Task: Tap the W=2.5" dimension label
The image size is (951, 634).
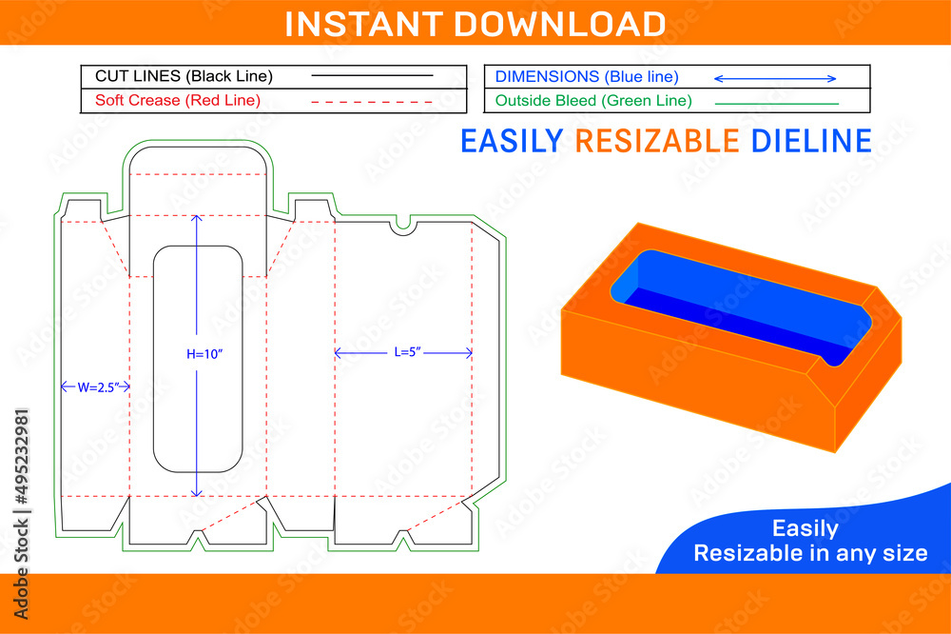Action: point(95,386)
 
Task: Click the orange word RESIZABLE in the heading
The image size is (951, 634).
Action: point(657,141)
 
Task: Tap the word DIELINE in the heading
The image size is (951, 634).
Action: point(811,141)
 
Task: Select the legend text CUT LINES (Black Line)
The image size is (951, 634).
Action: point(184,76)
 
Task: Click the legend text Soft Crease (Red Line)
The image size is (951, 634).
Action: point(178,100)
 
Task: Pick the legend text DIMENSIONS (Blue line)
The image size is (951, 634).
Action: point(587,76)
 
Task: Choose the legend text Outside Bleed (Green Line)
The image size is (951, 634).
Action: point(593,100)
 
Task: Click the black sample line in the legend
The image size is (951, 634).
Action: point(372,75)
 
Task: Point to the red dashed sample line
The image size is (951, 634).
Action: point(372,100)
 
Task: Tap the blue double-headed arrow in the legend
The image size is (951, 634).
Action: point(775,78)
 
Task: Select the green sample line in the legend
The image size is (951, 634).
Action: point(776,103)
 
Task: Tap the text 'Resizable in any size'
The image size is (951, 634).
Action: point(810,553)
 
